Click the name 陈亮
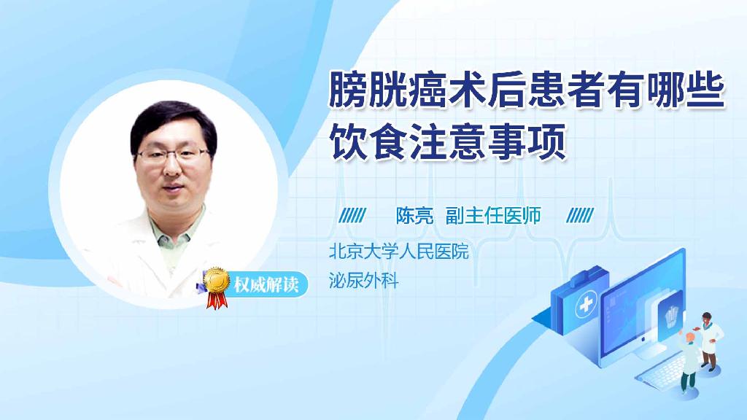414,216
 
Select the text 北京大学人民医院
398,252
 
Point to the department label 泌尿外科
364,281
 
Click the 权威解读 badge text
266,284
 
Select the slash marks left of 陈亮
354,216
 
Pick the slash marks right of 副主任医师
580,216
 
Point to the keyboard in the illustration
660,373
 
